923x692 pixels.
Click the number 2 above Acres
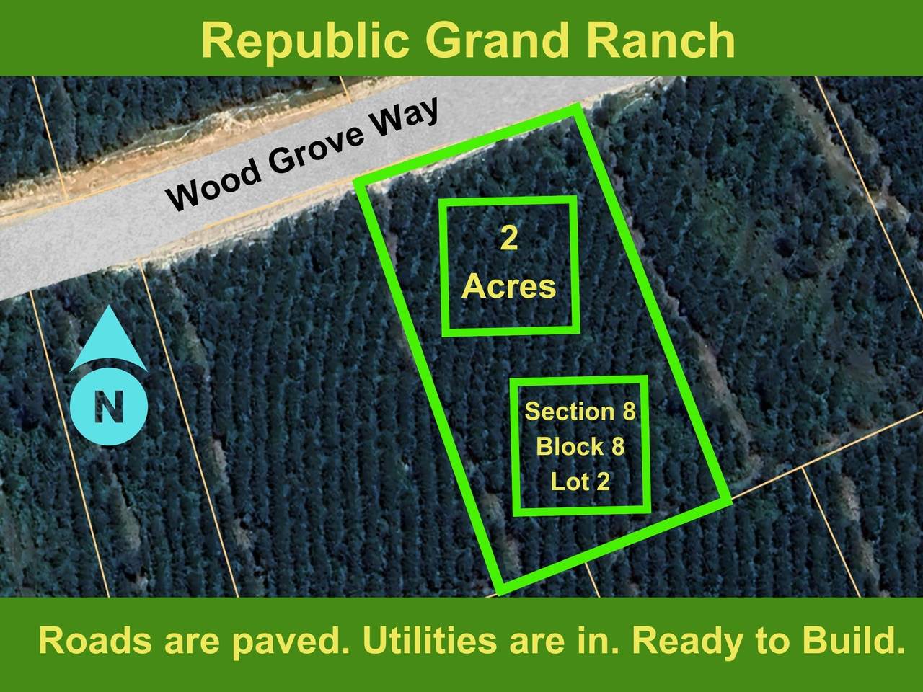click(509, 239)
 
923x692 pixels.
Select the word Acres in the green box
click(509, 287)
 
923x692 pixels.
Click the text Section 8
click(580, 412)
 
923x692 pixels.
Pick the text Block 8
click(580, 447)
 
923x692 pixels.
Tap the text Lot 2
click(580, 481)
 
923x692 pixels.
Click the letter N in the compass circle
click(110, 407)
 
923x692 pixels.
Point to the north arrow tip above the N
click(108, 311)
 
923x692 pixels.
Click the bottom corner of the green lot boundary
click(499, 589)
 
